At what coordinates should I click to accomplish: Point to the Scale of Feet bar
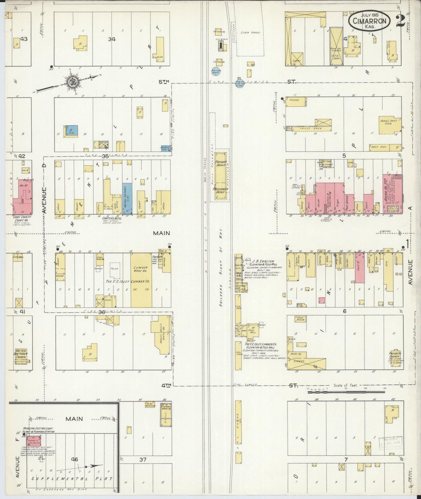pos(346,392)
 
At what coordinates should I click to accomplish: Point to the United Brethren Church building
pos(21,354)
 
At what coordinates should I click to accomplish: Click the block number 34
pos(112,39)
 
